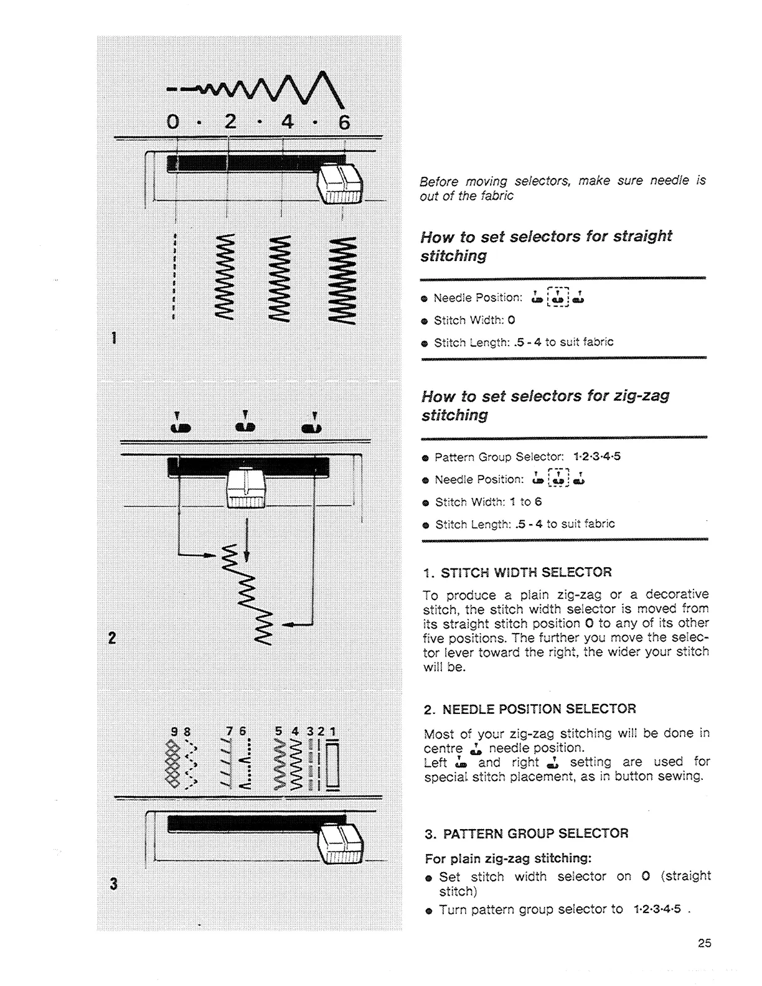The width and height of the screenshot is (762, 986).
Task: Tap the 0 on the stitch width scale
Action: click(x=173, y=122)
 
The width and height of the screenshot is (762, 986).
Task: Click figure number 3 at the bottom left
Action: click(x=113, y=883)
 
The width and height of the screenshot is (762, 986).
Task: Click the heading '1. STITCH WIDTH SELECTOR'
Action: click(x=517, y=572)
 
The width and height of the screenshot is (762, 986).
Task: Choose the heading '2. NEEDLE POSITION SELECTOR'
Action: click(x=529, y=709)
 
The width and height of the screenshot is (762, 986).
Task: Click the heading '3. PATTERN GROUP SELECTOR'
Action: click(x=526, y=833)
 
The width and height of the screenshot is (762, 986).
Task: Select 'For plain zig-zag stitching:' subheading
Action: click(x=507, y=858)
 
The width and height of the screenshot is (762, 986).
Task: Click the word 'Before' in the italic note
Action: click(x=438, y=181)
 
